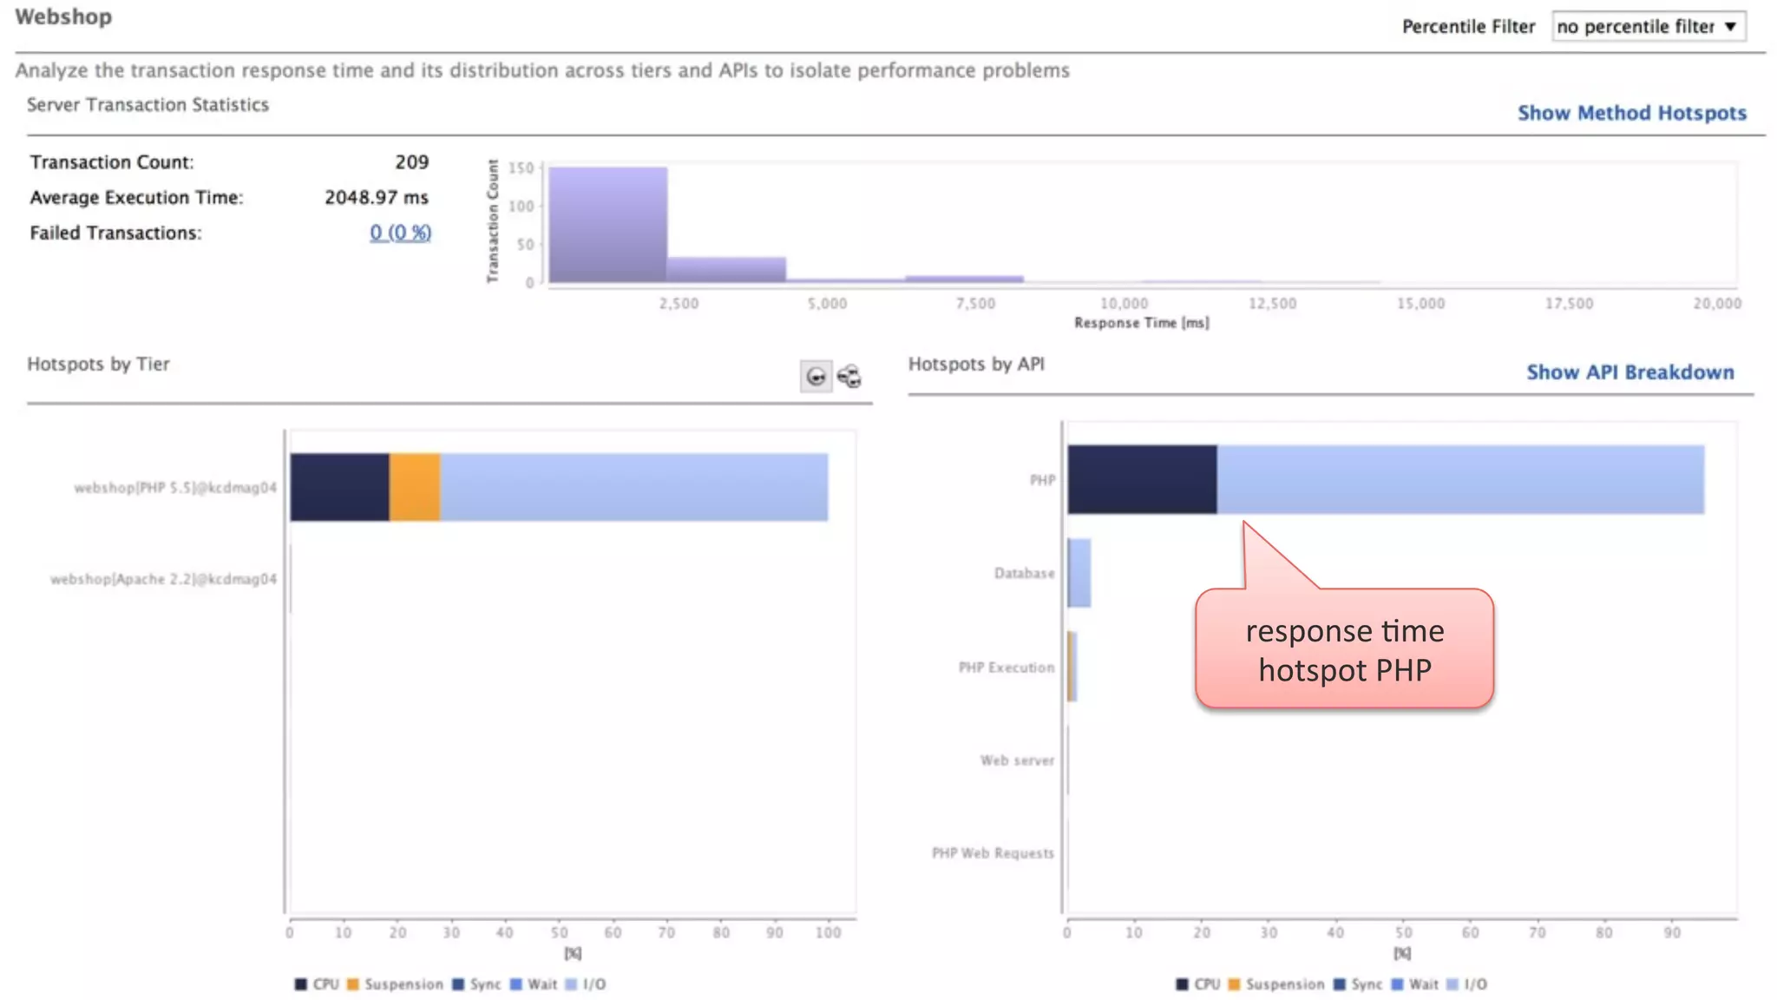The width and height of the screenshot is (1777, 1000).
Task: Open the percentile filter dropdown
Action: (x=1647, y=26)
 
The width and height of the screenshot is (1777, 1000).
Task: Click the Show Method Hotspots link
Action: (x=1631, y=113)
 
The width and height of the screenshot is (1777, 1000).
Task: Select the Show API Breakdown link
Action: (x=1629, y=372)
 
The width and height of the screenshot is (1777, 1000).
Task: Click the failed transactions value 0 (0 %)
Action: (x=400, y=233)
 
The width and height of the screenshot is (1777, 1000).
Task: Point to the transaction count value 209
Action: (x=411, y=162)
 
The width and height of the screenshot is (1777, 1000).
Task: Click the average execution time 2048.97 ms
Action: (x=376, y=198)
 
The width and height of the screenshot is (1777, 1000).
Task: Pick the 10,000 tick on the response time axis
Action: (x=1124, y=303)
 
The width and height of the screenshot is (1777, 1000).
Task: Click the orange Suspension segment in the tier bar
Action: (x=414, y=487)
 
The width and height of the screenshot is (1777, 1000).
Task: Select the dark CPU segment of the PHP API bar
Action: (x=1141, y=479)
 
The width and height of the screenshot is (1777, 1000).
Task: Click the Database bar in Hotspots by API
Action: (x=1079, y=573)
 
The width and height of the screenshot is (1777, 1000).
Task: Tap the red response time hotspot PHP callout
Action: (x=1344, y=649)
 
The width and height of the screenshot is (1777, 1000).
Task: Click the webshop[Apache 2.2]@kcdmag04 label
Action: (x=163, y=579)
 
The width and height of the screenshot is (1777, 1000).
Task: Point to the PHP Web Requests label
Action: (x=993, y=853)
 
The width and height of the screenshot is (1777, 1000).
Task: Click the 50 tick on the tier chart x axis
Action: (x=559, y=932)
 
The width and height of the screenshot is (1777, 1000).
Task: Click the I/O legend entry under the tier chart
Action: (x=593, y=984)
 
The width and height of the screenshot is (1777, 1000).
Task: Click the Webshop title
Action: (x=63, y=17)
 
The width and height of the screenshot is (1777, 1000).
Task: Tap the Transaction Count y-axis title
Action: (x=493, y=220)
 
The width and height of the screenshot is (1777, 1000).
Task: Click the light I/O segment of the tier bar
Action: (x=633, y=487)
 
